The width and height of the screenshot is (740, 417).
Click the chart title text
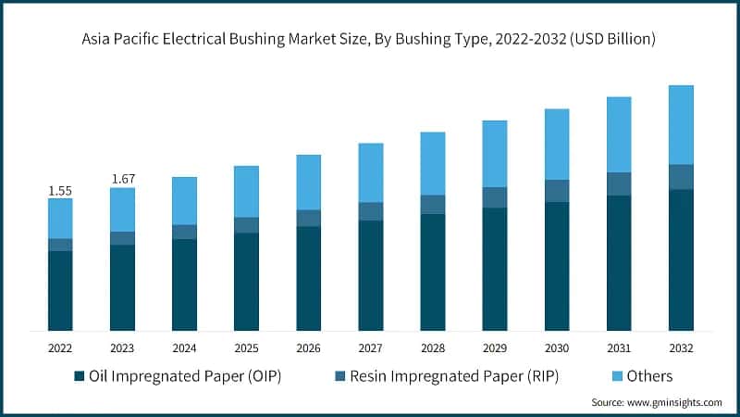(x=370, y=39)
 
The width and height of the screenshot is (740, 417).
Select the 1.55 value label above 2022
(x=60, y=190)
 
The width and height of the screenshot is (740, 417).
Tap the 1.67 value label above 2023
(x=122, y=179)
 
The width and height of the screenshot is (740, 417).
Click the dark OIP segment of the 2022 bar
(x=60, y=291)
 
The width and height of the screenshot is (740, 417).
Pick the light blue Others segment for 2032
(x=681, y=125)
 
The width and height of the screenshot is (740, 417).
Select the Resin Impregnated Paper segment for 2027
(x=370, y=211)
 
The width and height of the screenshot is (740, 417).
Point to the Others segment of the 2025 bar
(x=246, y=192)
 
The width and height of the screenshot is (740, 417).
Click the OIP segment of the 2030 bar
(x=557, y=266)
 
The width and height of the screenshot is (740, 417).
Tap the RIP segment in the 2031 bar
(x=619, y=183)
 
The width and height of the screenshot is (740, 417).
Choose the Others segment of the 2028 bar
(x=433, y=163)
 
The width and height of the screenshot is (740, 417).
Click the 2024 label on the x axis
(x=184, y=347)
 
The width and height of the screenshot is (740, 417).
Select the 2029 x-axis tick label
(x=495, y=347)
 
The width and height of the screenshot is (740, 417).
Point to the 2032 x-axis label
(x=681, y=347)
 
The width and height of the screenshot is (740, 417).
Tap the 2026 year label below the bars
(x=308, y=347)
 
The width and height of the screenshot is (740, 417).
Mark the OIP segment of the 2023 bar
(x=122, y=288)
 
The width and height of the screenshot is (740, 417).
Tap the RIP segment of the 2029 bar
(x=495, y=197)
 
